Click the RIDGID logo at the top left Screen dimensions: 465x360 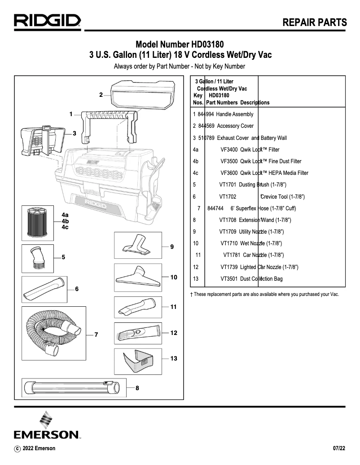(47, 21)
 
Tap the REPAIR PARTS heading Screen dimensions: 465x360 (315, 23)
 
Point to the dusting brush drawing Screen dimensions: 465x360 (37, 257)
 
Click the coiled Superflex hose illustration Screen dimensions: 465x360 (53, 333)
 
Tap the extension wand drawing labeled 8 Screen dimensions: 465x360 (71, 386)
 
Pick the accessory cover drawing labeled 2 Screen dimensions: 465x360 (139, 95)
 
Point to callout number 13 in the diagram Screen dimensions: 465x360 (174, 358)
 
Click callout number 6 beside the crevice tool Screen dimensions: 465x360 (77, 289)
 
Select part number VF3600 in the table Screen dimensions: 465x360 (228, 173)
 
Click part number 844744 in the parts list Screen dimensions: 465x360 (215, 209)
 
